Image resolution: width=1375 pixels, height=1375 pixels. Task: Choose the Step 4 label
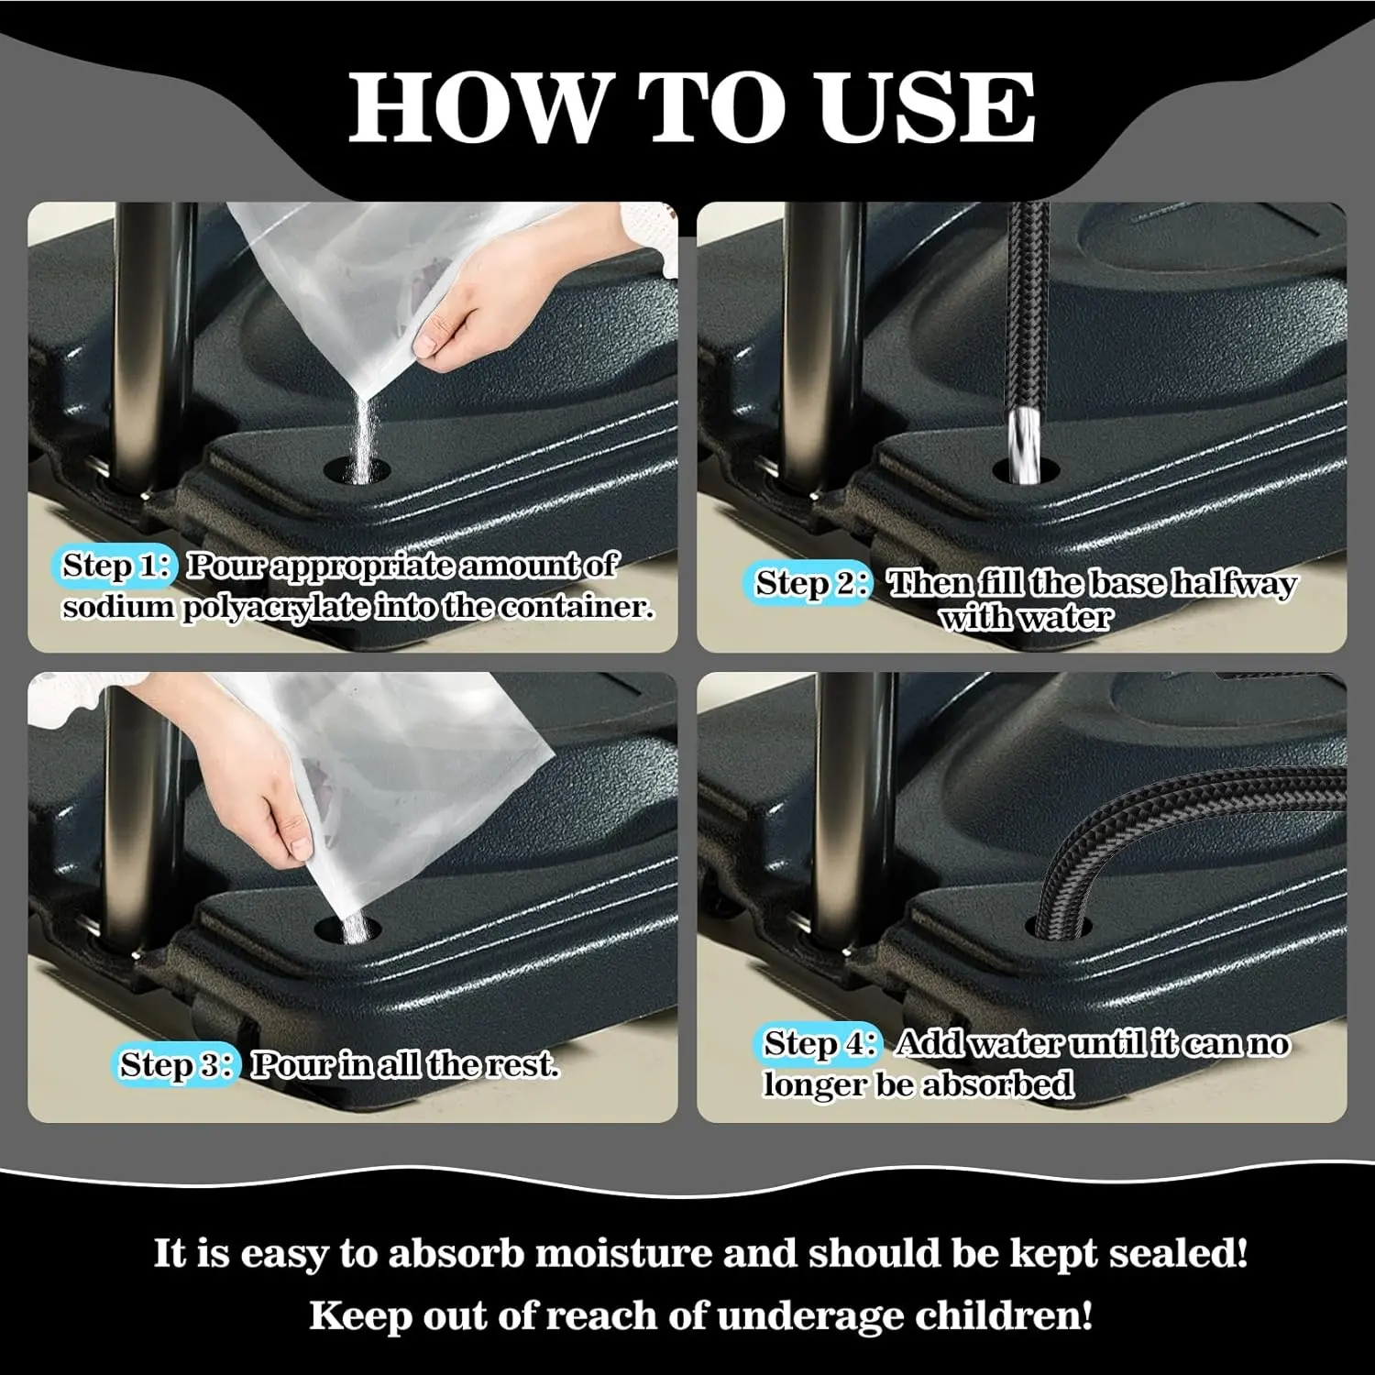[820, 1043]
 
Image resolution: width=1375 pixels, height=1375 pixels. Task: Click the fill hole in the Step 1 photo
[357, 471]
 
